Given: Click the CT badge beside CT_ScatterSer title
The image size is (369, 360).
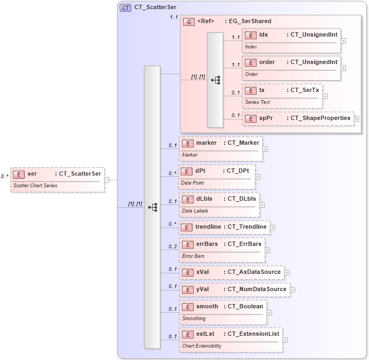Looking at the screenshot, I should point(125,8).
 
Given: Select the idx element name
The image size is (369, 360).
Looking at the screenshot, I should point(264,35).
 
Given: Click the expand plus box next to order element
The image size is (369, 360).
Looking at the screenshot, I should point(344,68).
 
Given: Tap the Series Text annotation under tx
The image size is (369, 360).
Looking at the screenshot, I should point(258,102).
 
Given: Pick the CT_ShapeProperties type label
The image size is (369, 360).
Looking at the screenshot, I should point(321,118).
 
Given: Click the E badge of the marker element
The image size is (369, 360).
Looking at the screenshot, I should point(187,143).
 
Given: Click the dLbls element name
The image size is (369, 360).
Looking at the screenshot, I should point(204,199).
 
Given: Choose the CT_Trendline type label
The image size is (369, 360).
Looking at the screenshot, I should point(247,227).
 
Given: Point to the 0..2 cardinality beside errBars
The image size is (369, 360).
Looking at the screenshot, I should point(172,246).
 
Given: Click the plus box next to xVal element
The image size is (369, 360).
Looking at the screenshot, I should point(287,273).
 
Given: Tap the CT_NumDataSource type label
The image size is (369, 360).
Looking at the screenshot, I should point(257,290).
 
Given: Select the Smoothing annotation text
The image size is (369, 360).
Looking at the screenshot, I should point(194,318).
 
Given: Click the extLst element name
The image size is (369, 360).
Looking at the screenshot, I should point(205,334).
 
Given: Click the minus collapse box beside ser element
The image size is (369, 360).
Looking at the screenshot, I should point(107,180).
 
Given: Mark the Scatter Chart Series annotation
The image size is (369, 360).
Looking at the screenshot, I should point(35,185).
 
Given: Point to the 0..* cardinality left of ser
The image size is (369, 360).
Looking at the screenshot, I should point(4,176).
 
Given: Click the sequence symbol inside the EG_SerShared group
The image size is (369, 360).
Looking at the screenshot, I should point(215,80).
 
